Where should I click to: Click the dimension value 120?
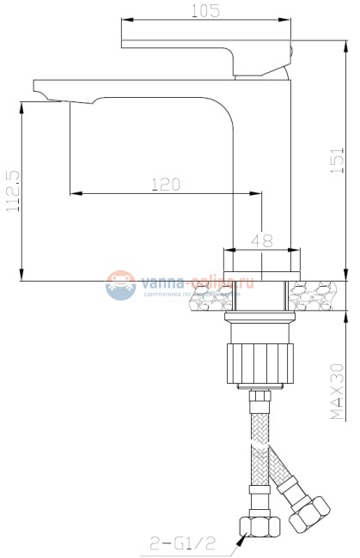pos(165,184)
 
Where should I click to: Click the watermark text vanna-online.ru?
pos(198,280)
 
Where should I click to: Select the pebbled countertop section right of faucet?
pos(323,296)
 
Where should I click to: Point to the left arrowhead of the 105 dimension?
pos(121,20)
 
